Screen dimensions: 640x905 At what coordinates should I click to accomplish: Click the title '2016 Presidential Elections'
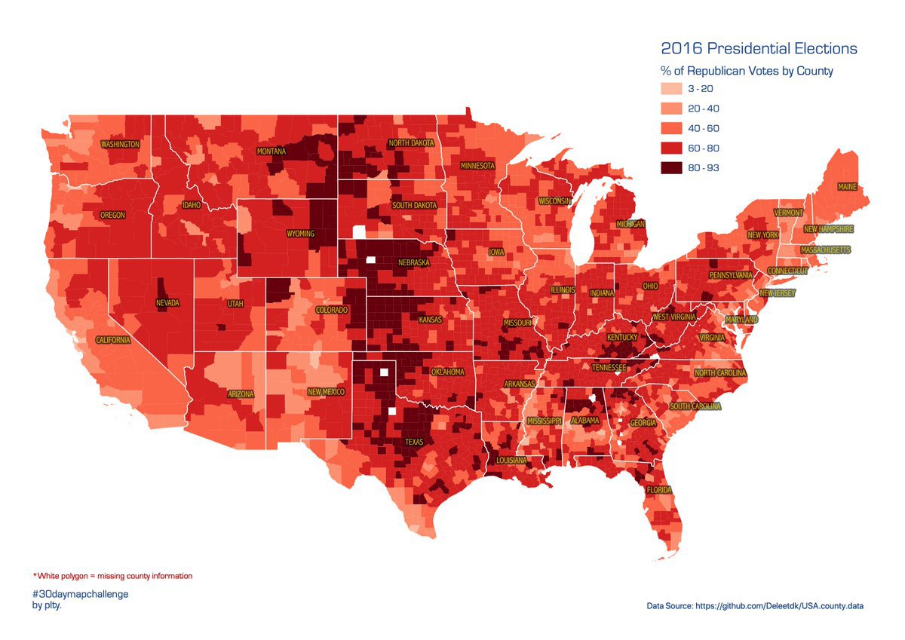pos(759,49)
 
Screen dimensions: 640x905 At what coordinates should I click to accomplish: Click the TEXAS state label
pos(414,442)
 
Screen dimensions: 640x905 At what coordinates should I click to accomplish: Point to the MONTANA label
pos(271,152)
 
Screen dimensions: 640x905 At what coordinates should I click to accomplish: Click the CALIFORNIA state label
pos(113,340)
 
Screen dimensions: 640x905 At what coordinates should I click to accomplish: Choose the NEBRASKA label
pos(414,263)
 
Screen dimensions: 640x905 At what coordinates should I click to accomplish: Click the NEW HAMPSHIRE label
pos(828,229)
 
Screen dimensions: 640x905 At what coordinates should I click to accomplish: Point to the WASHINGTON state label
pos(121,144)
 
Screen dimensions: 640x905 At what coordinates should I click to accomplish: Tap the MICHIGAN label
pos(630,225)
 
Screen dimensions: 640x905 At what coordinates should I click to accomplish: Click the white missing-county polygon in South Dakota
pos(359,231)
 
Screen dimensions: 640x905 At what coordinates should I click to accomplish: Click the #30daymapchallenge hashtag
pos(80,594)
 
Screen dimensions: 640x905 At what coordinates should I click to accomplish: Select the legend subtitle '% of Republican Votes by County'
pos(747,71)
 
